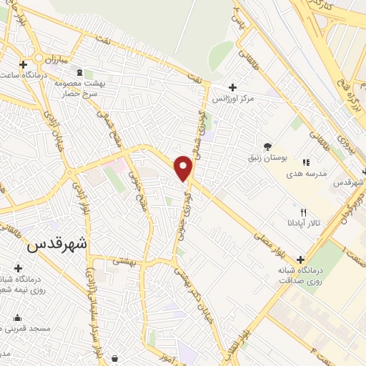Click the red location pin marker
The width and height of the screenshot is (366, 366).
184,167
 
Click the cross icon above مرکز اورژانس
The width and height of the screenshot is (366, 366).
233,87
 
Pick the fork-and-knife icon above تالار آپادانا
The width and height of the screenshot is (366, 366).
303,212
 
